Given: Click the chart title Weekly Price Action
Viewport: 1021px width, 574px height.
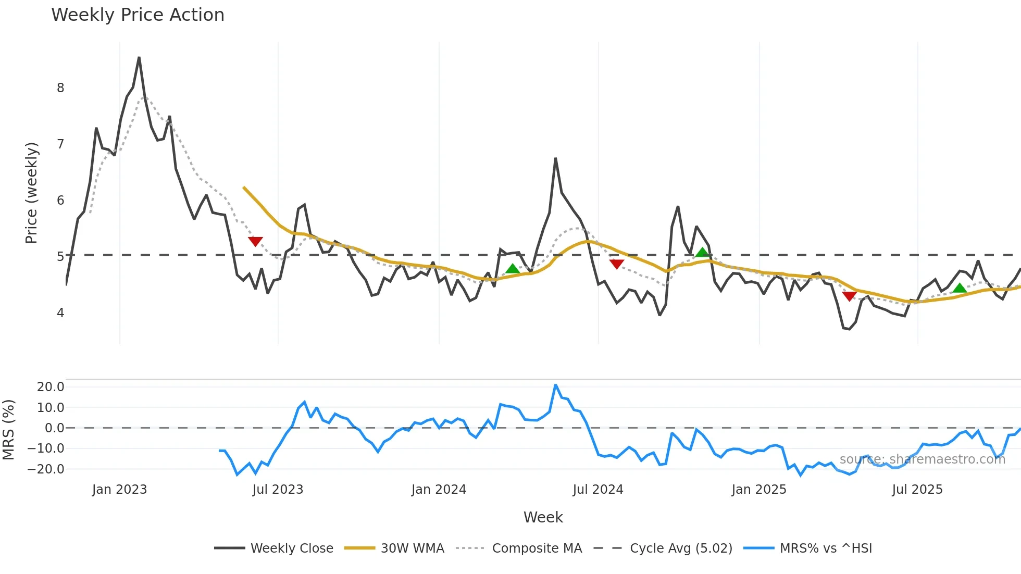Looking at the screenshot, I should [x=138, y=15].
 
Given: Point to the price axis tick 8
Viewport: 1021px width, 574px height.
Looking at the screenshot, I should [x=60, y=88].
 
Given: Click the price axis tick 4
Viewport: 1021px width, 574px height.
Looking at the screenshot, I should [x=60, y=313].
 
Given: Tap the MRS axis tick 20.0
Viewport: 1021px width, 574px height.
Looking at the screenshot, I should [x=51, y=387].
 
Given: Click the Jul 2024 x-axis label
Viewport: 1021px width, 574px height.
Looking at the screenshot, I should [x=598, y=490].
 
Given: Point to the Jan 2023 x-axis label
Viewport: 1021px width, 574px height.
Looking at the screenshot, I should [x=119, y=490].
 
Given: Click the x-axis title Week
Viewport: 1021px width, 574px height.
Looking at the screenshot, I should [x=543, y=517].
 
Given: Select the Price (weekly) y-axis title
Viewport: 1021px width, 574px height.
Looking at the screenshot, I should [x=31, y=193].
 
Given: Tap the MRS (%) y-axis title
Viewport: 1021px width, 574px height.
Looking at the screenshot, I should [x=8, y=430].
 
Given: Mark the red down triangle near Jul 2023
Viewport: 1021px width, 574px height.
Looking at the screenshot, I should [x=255, y=241].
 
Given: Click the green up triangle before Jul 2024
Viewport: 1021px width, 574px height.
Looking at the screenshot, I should [x=513, y=269].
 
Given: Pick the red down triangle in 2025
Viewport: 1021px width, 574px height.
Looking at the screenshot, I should [x=849, y=296].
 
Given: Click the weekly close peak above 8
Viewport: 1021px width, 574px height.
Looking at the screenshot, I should [x=139, y=57].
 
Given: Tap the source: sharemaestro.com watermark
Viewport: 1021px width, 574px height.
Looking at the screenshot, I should [x=922, y=459].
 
